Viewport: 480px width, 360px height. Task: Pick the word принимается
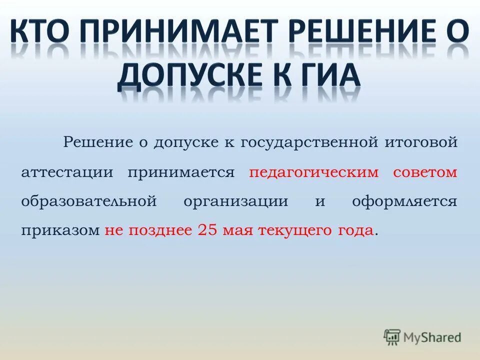tap(181, 172)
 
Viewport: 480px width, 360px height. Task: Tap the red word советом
tap(425, 172)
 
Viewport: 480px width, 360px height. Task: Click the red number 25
tap(208, 230)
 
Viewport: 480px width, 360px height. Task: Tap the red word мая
tap(238, 230)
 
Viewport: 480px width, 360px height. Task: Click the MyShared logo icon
tap(392, 336)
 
